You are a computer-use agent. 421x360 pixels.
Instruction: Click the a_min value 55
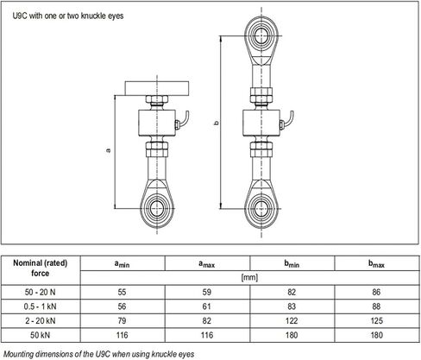[122, 292]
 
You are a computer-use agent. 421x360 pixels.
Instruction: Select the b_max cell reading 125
[376, 320]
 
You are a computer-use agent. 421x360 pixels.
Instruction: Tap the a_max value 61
[206, 306]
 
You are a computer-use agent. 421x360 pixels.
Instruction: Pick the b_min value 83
[292, 306]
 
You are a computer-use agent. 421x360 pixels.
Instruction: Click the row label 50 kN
[40, 335]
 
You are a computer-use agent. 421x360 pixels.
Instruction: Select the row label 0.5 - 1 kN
[40, 306]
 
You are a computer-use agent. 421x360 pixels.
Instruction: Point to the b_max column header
[376, 264]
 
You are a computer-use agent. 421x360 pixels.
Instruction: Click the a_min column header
[122, 264]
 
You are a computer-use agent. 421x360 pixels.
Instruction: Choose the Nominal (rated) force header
[40, 268]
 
